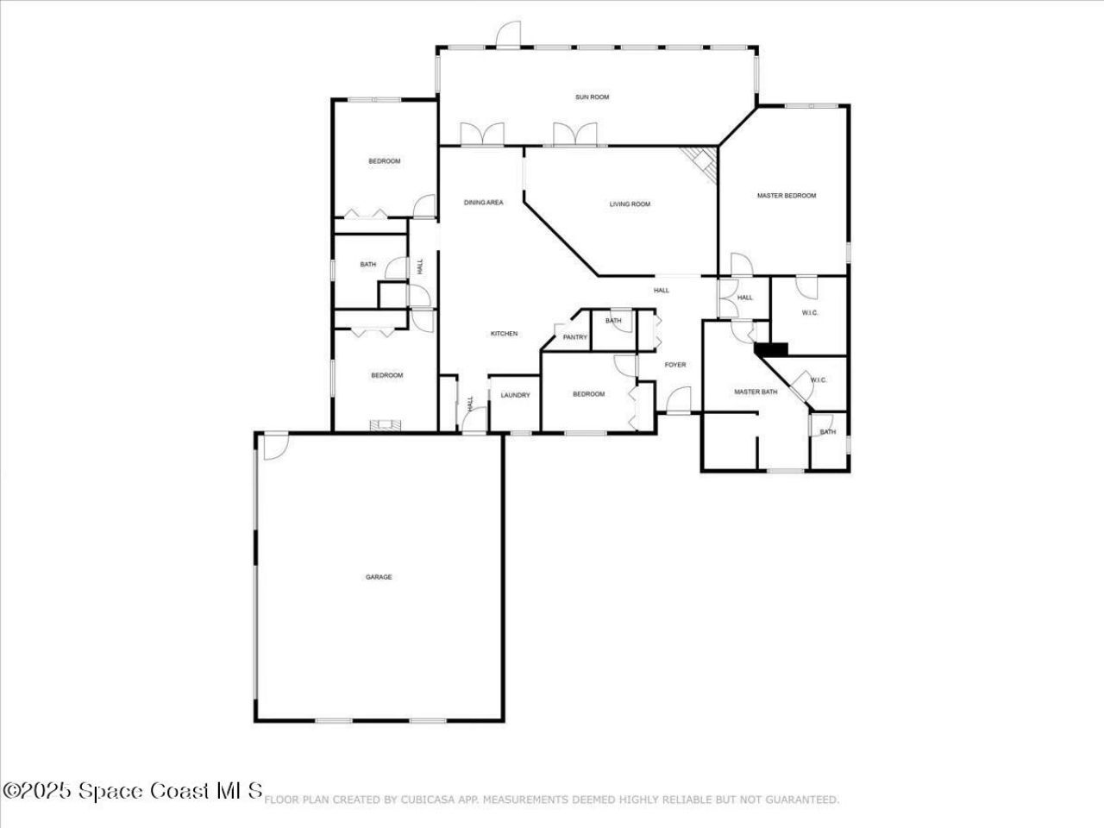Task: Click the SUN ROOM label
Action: tap(592, 97)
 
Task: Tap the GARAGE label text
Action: tap(378, 577)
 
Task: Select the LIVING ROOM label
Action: tap(630, 204)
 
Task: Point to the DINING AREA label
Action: tap(483, 203)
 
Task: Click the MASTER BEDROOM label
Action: tap(786, 196)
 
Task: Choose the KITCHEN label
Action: tap(504, 334)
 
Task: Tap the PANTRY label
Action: tap(574, 337)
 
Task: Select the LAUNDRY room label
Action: tap(515, 395)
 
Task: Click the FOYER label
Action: tap(675, 365)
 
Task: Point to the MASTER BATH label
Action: tap(756, 392)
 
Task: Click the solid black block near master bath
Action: tap(772, 348)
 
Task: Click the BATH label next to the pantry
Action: tap(613, 321)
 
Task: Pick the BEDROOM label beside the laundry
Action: tap(588, 394)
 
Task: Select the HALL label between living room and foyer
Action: tap(662, 291)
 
